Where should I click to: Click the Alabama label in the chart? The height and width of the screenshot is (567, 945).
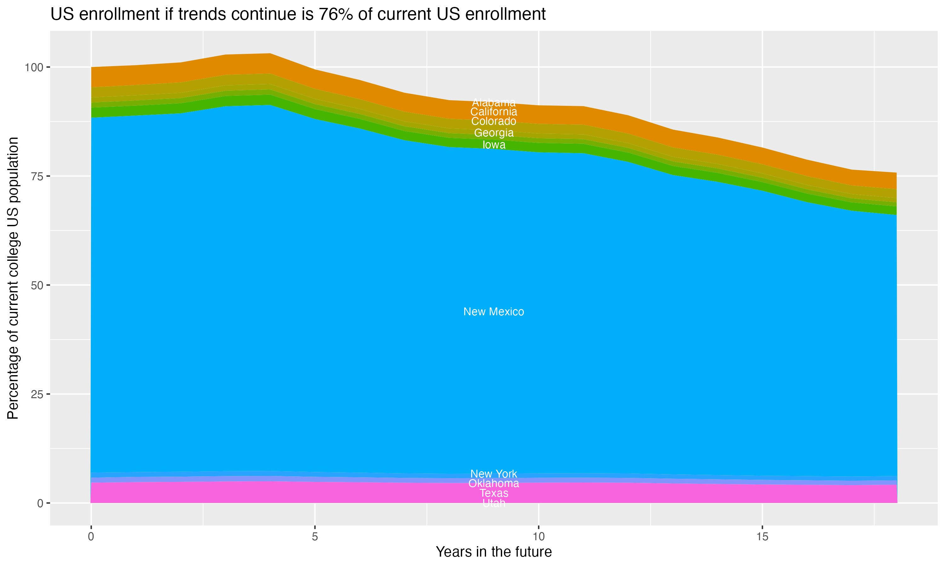[494, 102]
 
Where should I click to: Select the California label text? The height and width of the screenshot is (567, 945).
[494, 112]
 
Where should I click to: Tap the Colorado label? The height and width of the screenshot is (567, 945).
[494, 122]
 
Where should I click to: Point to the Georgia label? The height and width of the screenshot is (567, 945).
[494, 133]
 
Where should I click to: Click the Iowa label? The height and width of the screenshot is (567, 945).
[494, 145]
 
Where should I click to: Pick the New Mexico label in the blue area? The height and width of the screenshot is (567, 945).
[494, 312]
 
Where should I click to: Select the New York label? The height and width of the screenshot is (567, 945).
[494, 474]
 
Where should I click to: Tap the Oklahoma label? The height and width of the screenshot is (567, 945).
[494, 483]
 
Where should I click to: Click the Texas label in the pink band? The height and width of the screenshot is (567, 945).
[494, 493]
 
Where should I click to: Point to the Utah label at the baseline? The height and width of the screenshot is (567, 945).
[494, 503]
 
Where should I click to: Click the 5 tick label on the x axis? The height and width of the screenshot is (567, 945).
[315, 537]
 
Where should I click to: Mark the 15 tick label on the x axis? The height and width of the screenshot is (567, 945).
[762, 537]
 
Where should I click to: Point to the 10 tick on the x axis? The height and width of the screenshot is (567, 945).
[538, 537]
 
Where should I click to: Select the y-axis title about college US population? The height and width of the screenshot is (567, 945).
[13, 278]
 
